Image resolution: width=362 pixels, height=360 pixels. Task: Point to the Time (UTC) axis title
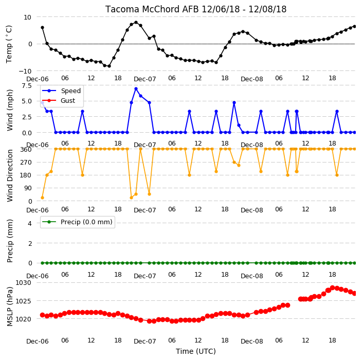[196, 351]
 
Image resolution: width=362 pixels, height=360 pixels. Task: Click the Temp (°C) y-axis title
[9, 44]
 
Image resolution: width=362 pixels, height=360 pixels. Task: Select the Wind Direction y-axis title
[10, 175]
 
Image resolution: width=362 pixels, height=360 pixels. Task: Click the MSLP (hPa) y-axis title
[10, 307]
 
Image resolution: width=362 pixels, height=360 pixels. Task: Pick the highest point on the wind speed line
[136, 89]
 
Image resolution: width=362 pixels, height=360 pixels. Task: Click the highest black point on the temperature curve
[136, 23]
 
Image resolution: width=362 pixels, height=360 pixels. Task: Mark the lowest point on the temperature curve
[109, 66]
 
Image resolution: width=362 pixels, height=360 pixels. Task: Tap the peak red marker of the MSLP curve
[333, 287]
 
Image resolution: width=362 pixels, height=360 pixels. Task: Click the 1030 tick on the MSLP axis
[23, 283]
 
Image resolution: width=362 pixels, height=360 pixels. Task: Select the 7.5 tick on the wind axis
[26, 86]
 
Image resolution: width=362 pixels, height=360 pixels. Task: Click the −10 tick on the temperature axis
[25, 71]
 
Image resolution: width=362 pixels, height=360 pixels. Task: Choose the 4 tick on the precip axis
[30, 223]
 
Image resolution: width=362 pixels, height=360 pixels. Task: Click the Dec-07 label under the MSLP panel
[145, 341]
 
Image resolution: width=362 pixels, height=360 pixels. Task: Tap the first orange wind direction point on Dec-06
[42, 197]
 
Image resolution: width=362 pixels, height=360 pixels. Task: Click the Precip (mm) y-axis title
[10, 241]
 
